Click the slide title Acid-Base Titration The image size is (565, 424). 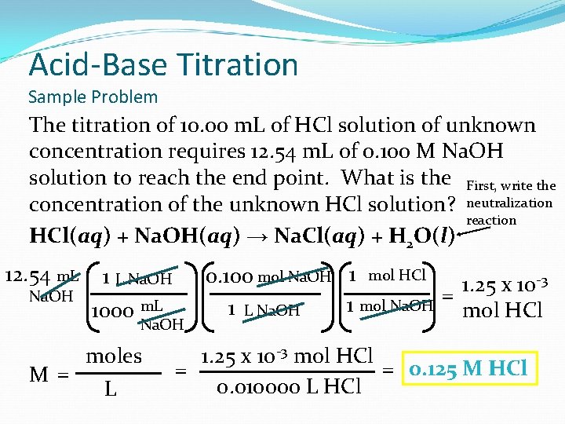[x=163, y=64]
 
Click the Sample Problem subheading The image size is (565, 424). [x=93, y=97]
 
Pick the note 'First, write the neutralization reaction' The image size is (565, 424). [x=510, y=203]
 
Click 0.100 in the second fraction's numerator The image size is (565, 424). [x=228, y=276]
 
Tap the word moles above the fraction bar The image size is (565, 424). [x=114, y=356]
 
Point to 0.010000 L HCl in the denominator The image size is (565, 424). [x=288, y=386]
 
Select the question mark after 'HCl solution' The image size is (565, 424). [x=451, y=205]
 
